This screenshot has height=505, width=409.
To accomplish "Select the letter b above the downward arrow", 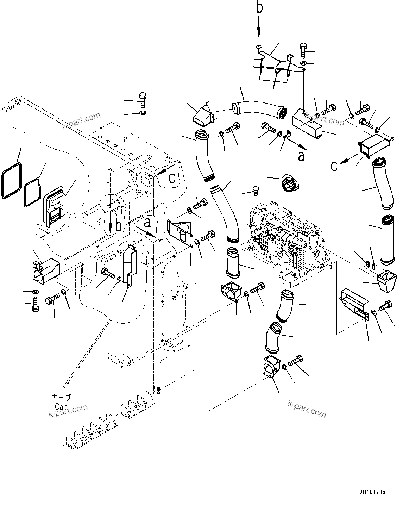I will pyautogui.click(x=259, y=8).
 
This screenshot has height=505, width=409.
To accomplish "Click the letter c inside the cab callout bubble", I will pyautogui.click(x=172, y=178).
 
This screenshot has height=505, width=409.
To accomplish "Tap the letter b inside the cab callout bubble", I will pyautogui.click(x=119, y=226).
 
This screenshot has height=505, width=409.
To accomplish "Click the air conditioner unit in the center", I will pyautogui.click(x=285, y=239).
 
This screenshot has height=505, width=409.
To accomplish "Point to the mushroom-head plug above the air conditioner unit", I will pyautogui.click(x=255, y=191).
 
